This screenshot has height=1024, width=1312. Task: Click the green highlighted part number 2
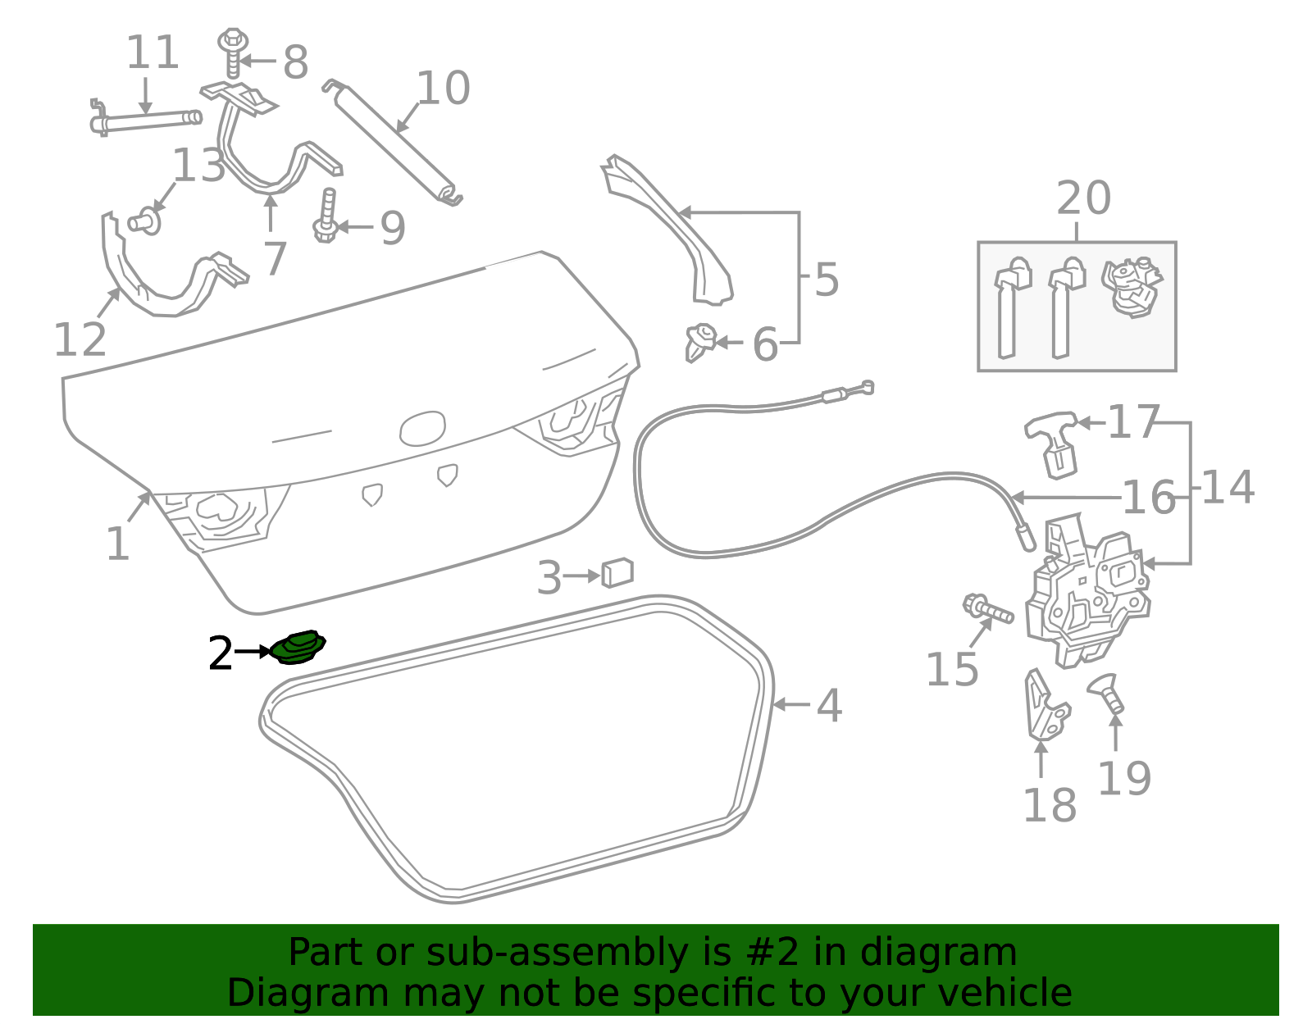tap(297, 648)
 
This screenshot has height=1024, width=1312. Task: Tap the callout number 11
tap(153, 52)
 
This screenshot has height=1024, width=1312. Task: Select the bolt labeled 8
tap(233, 53)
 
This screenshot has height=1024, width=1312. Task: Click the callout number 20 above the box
tap(1083, 198)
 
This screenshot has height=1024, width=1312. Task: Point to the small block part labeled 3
tap(617, 572)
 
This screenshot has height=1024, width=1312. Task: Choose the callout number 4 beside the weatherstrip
tap(829, 705)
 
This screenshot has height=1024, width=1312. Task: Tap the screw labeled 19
tap(1106, 694)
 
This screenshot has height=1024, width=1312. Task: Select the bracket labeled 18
tap(1046, 704)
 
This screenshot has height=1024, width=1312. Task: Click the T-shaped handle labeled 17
tap(1053, 444)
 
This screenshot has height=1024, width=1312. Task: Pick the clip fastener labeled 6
tap(700, 343)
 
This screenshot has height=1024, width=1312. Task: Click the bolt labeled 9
tap(326, 216)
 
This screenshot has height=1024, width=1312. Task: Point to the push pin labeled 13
tap(144, 221)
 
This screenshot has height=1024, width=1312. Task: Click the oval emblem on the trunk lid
tap(422, 429)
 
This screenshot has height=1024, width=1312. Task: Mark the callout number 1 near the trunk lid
tap(118, 543)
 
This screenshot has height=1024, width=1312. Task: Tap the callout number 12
tap(80, 339)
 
